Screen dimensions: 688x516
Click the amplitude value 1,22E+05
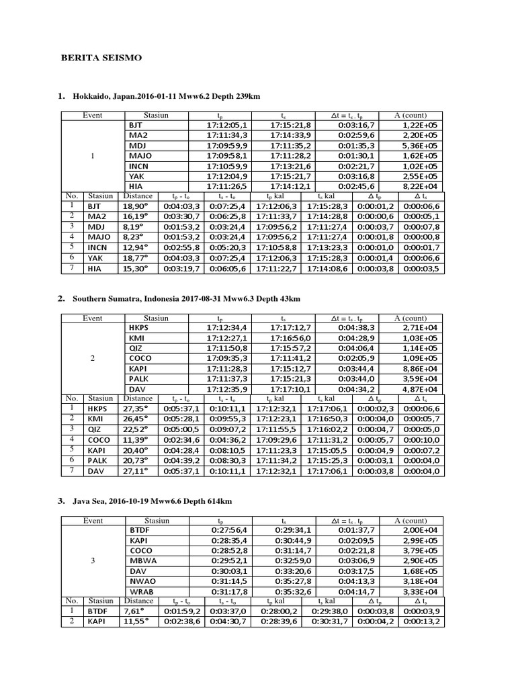tap(421, 125)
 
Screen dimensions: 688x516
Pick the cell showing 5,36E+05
tap(421, 145)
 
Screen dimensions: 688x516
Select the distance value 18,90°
tap(135, 206)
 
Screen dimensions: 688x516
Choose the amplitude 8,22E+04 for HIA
tap(421, 185)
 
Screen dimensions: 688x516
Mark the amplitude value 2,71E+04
tap(421, 328)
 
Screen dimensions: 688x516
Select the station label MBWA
tap(142, 561)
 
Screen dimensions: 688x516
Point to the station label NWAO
tap(142, 581)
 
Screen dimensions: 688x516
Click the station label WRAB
tap(142, 591)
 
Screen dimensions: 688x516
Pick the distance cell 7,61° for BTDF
tap(133, 611)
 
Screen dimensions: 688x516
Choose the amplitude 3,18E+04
tap(421, 581)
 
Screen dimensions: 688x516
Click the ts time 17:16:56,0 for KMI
tap(290, 338)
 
